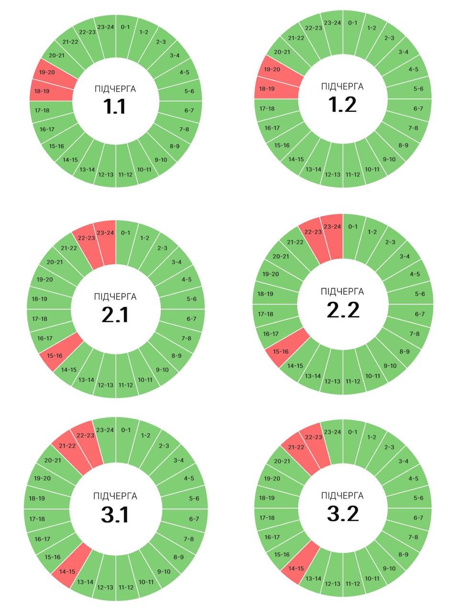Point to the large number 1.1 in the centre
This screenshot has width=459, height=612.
pos(115,106)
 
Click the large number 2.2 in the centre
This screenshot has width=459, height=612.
pos(343,310)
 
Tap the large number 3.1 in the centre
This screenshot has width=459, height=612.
pos(115,515)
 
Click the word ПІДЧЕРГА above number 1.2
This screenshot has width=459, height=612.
pos(342,87)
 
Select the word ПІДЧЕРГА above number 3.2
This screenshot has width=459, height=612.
pos(342,495)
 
